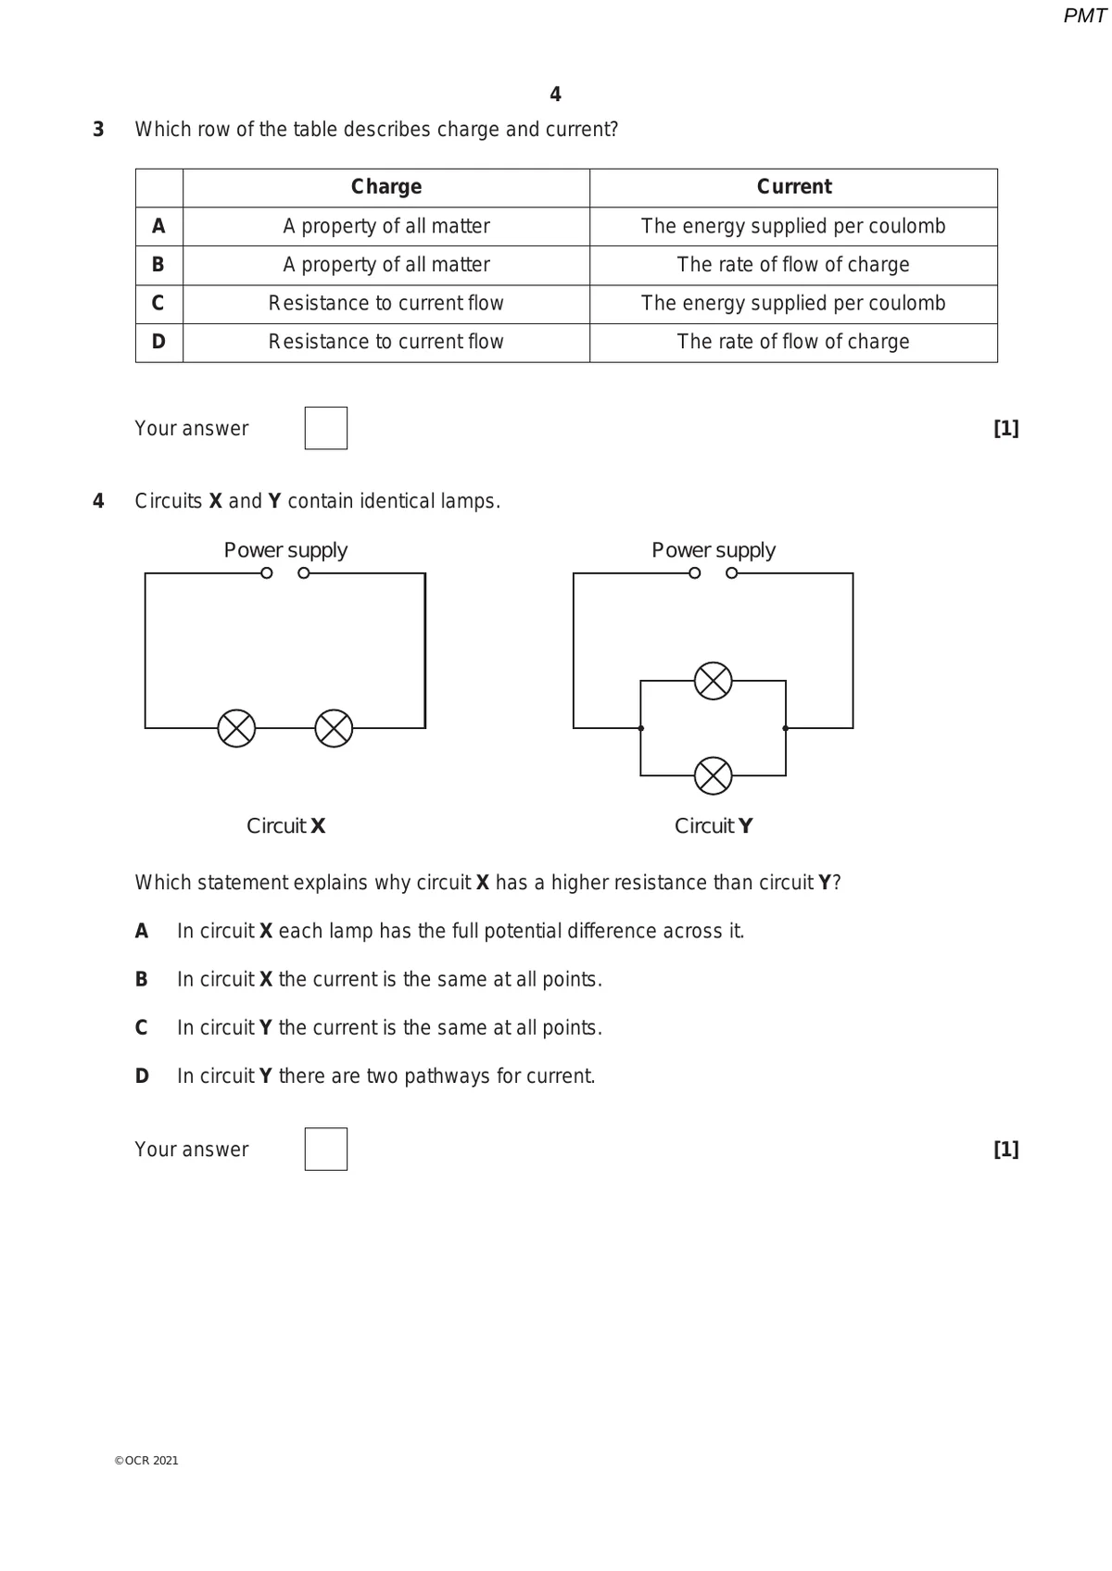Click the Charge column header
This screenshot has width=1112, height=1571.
tap(386, 187)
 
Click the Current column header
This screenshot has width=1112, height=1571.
tap(794, 187)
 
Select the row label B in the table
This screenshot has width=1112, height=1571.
tap(158, 265)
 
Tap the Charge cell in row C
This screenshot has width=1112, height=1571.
tap(386, 304)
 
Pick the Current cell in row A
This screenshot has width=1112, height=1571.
tap(793, 226)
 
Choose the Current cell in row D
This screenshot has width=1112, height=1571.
tap(793, 342)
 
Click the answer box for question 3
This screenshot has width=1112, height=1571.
tap(326, 428)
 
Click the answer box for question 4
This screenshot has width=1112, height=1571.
tap(326, 1149)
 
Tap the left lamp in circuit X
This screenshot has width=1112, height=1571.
tap(236, 728)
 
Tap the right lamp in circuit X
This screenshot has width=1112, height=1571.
tap(334, 728)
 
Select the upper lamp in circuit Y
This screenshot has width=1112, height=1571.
tap(713, 681)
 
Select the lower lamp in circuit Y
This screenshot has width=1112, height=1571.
tap(713, 775)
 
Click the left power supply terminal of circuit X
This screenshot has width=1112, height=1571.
tap(267, 573)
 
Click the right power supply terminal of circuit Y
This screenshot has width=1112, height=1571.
tap(732, 573)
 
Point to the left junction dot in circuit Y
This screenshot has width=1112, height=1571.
tap(641, 728)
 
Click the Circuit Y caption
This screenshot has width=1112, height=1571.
tap(714, 825)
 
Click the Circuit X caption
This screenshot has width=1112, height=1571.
tap(285, 825)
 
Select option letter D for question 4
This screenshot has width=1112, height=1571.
tap(142, 1076)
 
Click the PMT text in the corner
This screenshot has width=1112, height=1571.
tap(1084, 16)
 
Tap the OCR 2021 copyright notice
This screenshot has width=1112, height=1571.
tap(146, 1461)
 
